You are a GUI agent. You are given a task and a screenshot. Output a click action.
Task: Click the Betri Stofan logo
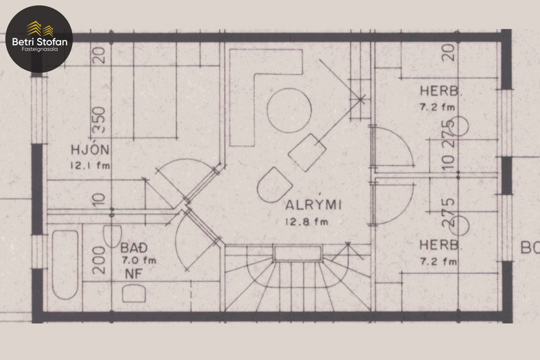[39, 38]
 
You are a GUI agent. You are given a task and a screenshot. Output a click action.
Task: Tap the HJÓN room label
[90, 150]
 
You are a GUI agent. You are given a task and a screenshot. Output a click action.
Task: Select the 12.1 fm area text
[90, 166]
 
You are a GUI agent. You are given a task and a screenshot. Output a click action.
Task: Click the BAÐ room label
[134, 248]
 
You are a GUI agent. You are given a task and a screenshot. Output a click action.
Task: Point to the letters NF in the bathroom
[133, 274]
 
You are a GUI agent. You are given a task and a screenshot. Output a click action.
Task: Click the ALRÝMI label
[313, 204]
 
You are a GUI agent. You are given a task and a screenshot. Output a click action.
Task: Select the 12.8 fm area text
[307, 222]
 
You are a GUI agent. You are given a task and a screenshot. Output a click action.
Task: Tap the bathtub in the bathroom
[65, 265]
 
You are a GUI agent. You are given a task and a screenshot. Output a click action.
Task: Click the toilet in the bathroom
[112, 236]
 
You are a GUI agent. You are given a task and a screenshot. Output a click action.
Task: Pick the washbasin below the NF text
[134, 293]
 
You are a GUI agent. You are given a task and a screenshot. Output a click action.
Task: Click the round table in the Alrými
[289, 111]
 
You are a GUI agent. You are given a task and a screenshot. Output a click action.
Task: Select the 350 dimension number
[99, 120]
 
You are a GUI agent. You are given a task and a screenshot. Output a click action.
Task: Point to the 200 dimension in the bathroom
[99, 260]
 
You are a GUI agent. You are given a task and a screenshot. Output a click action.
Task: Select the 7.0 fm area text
[139, 260]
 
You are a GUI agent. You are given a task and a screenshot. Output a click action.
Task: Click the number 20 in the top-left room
[99, 55]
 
